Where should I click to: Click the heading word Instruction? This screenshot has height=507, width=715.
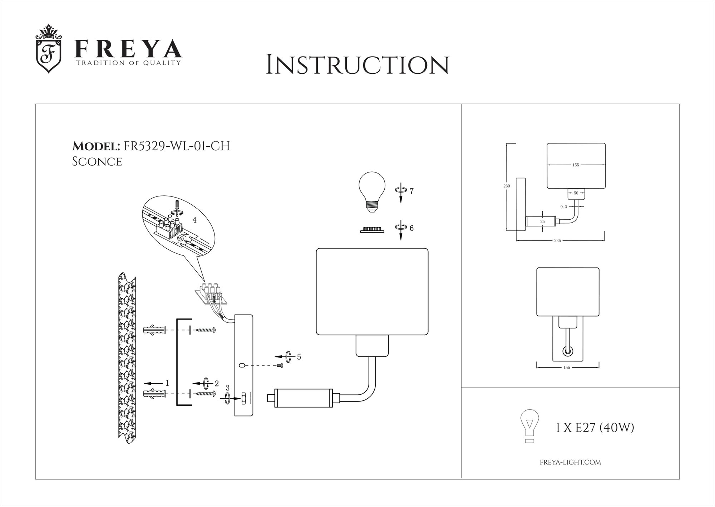click(357, 65)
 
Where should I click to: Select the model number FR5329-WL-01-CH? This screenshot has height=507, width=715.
click(176, 146)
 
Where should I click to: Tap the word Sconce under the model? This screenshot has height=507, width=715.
click(97, 161)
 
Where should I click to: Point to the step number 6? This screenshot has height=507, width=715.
click(411, 228)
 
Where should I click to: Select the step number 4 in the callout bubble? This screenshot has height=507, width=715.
click(194, 220)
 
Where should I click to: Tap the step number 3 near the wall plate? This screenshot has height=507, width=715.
click(227, 387)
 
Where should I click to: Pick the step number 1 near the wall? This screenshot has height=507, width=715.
click(167, 383)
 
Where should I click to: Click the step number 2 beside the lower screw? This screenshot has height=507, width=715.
click(216, 383)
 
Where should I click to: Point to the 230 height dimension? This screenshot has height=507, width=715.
click(507, 186)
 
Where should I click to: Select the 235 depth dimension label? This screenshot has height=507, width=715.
click(557, 241)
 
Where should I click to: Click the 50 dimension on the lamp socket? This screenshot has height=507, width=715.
click(576, 193)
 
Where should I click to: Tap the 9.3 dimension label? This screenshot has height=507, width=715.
click(564, 207)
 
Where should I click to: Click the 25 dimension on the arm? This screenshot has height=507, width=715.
click(543, 222)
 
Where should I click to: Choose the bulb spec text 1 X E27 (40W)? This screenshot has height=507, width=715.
click(595, 428)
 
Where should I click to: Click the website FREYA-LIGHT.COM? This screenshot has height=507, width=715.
click(570, 462)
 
